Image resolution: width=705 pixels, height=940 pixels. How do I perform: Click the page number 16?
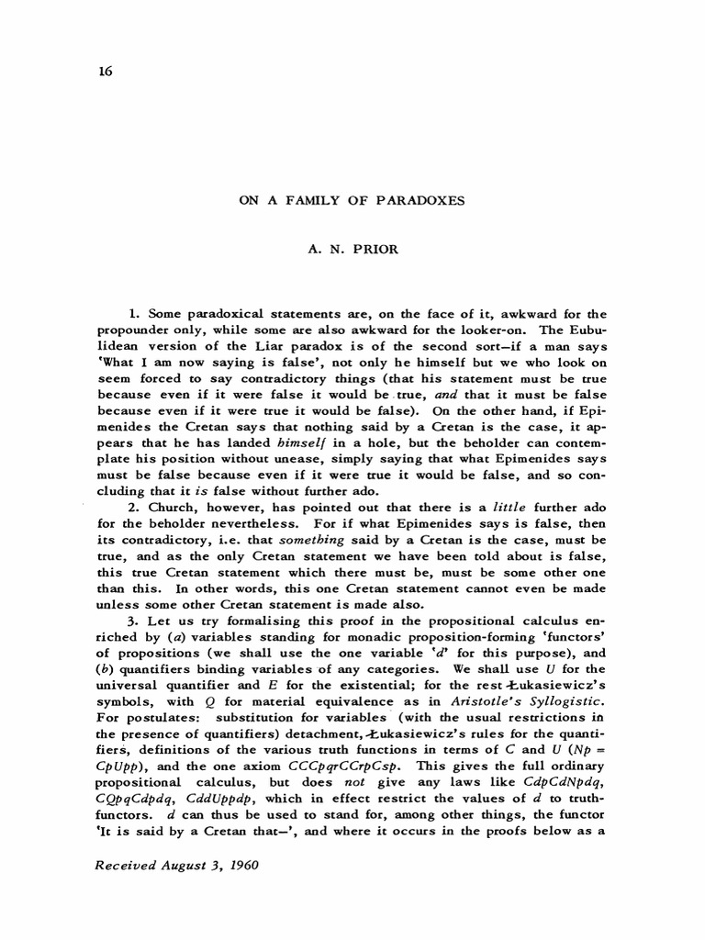[104, 73]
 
